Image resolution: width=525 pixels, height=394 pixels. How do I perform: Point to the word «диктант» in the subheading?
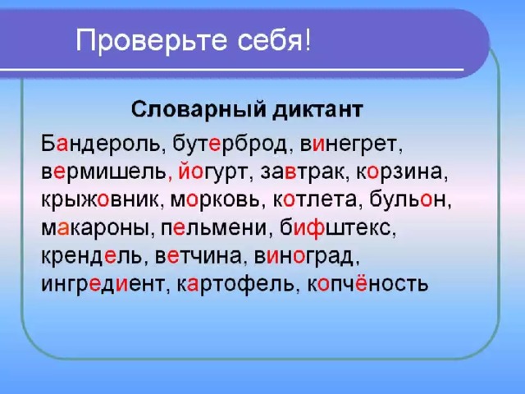coord(317,109)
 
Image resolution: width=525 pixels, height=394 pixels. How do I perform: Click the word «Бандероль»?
coord(100,144)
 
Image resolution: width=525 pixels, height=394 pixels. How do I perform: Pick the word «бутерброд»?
coord(230,145)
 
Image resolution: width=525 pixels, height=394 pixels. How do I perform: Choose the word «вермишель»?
coord(103,172)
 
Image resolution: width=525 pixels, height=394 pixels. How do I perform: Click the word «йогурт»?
coord(212,172)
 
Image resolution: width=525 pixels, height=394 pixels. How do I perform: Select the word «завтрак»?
coord(303,172)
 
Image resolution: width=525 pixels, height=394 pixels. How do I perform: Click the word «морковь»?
coord(215,200)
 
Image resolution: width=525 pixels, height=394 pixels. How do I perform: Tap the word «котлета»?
coord(315,200)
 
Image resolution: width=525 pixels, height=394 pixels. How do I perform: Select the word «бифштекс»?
coord(335,228)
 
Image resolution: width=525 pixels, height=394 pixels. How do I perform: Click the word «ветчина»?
coord(199,256)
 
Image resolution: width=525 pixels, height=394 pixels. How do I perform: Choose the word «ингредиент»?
coord(103,285)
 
